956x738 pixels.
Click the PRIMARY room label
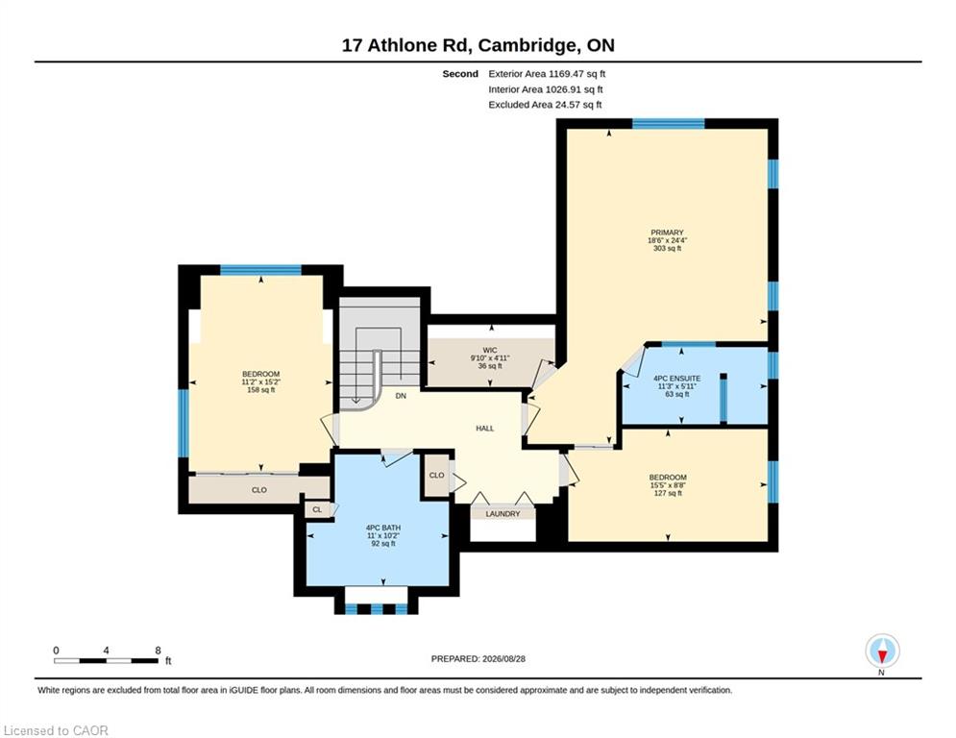coord(667,233)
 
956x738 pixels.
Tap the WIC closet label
coord(490,350)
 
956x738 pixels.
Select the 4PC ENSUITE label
coord(676,379)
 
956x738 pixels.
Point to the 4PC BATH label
coord(383,528)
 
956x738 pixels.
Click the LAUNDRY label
coord(503,514)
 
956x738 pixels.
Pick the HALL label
coord(484,429)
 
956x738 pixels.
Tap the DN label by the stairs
coord(401,396)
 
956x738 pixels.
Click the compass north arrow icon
coord(882,652)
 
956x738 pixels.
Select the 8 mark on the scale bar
coord(158,651)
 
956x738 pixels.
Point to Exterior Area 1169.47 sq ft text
coord(547,74)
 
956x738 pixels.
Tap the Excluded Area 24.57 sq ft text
coord(545,105)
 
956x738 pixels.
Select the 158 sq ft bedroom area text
coord(261,390)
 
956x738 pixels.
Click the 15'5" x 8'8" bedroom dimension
coord(668,485)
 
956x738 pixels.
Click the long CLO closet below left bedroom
coord(259,490)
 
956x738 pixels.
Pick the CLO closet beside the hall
coord(436,475)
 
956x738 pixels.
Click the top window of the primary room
coord(668,123)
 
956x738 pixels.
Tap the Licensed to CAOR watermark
coord(56,730)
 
